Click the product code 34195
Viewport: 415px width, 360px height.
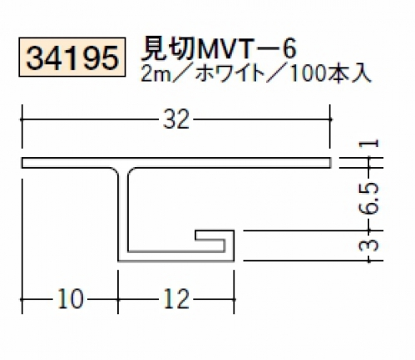click(x=72, y=57)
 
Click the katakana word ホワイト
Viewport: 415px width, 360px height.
click(x=230, y=73)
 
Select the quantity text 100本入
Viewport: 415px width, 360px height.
click(x=329, y=73)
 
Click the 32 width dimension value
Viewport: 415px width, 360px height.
click(x=176, y=119)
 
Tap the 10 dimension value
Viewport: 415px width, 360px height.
click(x=71, y=298)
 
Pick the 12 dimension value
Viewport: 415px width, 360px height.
click(x=176, y=298)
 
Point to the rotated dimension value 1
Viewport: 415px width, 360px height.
click(x=369, y=143)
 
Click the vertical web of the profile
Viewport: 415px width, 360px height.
click(x=123, y=214)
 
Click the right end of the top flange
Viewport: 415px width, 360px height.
click(x=330, y=163)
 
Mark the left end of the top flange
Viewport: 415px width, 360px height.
click(x=22, y=163)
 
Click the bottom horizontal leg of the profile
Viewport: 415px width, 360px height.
click(x=176, y=256)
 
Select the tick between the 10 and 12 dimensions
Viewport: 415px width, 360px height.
click(x=118, y=299)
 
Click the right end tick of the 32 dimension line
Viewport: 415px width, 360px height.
click(x=330, y=119)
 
